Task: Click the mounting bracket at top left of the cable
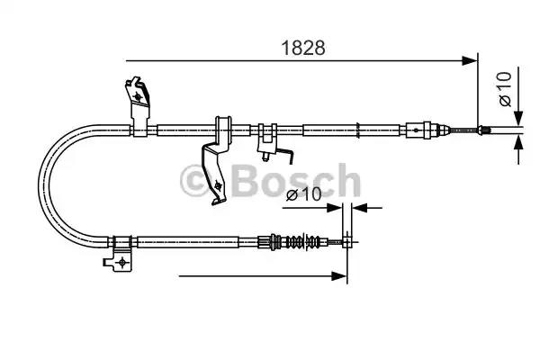tap(137, 101)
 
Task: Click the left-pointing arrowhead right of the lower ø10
tap(356, 207)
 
